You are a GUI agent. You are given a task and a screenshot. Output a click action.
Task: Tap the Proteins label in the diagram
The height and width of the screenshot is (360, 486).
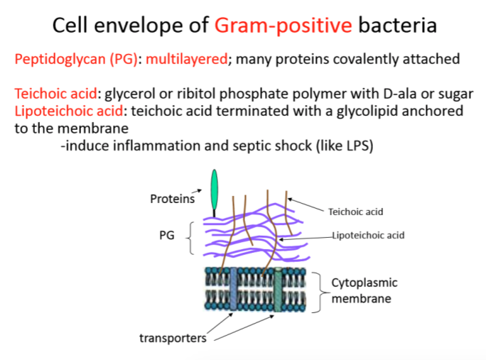point(172,199)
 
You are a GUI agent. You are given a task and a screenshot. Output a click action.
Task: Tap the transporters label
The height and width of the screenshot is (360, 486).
point(173,337)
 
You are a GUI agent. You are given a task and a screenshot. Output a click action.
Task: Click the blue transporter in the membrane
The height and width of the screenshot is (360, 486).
point(232,290)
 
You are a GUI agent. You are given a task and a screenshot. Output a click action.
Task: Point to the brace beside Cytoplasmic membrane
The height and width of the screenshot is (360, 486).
point(320,290)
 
